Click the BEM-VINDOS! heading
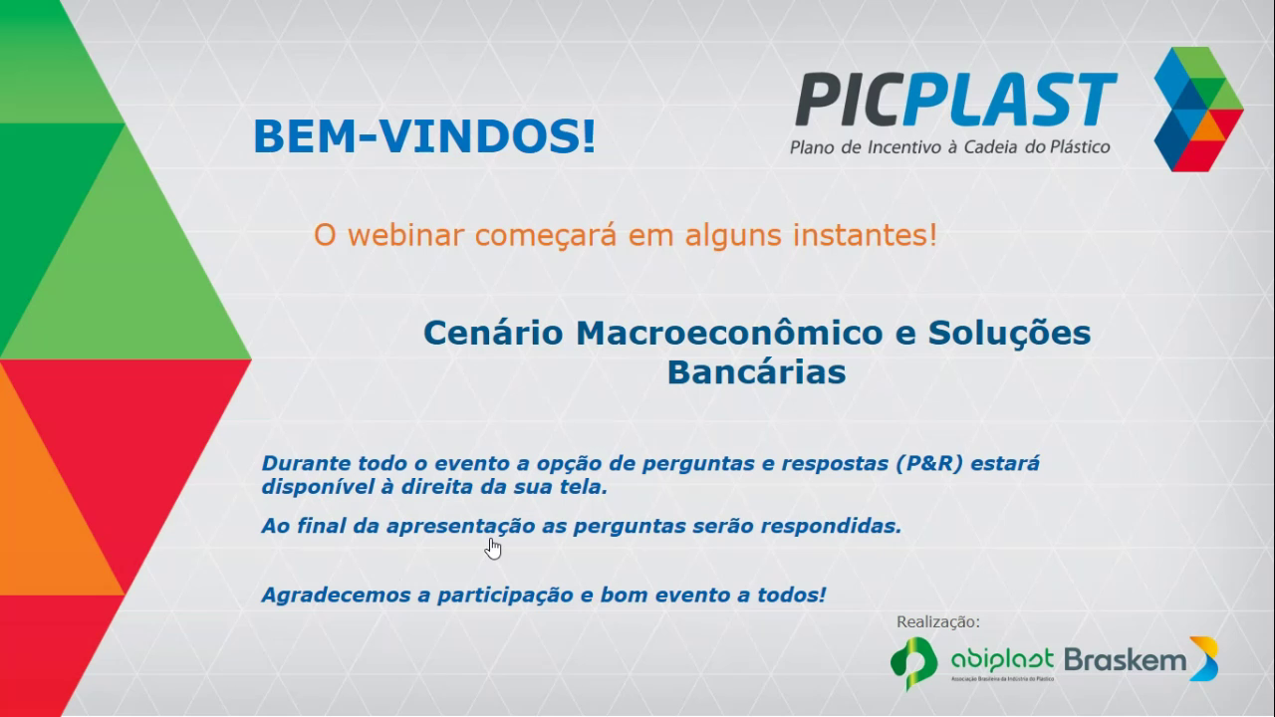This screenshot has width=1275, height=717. [424, 136]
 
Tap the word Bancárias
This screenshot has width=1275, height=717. [756, 372]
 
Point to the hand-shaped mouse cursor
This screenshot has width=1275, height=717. [493, 549]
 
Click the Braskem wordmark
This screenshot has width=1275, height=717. [1125, 660]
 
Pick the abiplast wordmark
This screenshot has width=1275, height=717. [1002, 660]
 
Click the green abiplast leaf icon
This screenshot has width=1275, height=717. [914, 663]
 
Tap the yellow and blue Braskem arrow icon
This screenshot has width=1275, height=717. [1204, 659]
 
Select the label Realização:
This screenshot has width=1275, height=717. [938, 622]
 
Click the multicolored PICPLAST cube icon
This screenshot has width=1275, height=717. [1198, 110]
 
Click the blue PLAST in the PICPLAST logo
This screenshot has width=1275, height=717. [1010, 100]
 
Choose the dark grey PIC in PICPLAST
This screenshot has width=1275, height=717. [851, 100]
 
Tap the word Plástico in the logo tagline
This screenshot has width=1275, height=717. [1080, 147]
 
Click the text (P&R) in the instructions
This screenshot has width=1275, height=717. [929, 463]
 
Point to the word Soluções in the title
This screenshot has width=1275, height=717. [1009, 335]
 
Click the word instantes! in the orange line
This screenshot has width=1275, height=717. [865, 235]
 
